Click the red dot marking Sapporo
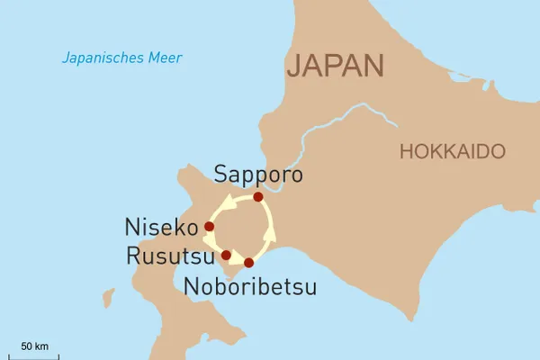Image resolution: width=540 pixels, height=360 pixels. pyautogui.click(x=258, y=196)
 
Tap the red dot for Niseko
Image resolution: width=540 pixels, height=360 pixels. pyautogui.click(x=210, y=226)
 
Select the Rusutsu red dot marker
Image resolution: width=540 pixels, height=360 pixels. pyautogui.click(x=226, y=255)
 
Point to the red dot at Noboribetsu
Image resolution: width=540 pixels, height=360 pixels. pyautogui.click(x=249, y=263)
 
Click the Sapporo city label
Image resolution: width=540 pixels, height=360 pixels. pyautogui.click(x=259, y=174)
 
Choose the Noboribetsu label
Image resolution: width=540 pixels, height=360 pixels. pyautogui.click(x=249, y=287)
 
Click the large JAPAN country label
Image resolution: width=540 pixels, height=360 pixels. pyautogui.click(x=335, y=66)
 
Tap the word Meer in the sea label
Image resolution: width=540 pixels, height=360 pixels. pyautogui.click(x=167, y=58)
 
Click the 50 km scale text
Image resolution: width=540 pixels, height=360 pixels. pyautogui.click(x=34, y=346)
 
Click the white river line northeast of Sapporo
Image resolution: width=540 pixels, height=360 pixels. pyautogui.click(x=315, y=135)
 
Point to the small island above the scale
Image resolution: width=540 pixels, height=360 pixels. pyautogui.click(x=109, y=298)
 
